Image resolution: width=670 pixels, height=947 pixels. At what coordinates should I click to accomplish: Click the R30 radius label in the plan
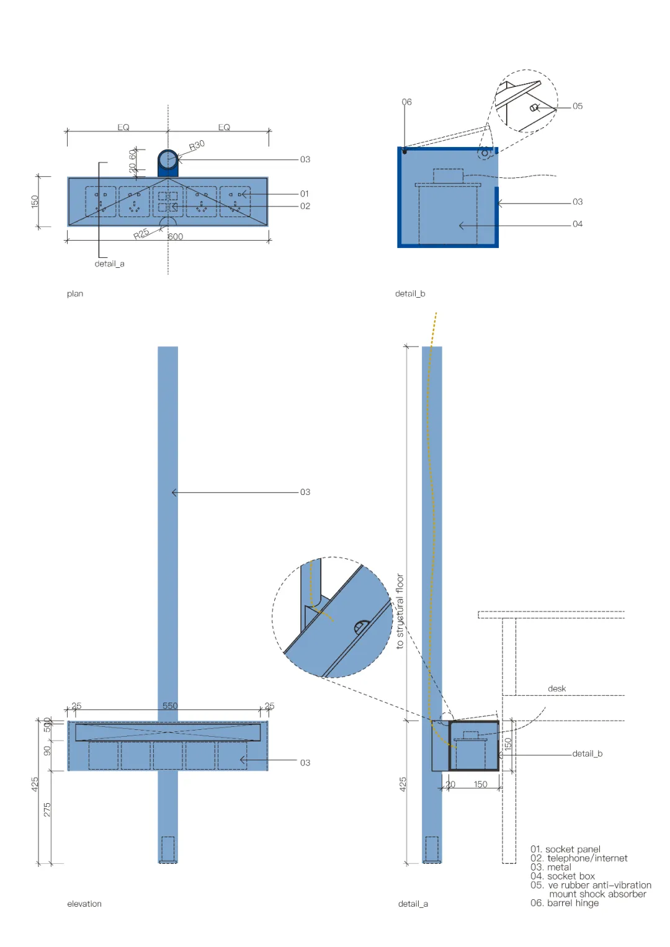pyautogui.click(x=197, y=145)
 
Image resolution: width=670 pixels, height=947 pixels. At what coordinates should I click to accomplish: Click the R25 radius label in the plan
pyautogui.click(x=141, y=234)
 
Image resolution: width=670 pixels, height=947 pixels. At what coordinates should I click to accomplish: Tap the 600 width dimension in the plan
pyautogui.click(x=176, y=236)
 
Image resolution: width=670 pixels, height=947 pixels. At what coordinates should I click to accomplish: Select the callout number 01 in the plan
pyautogui.click(x=305, y=193)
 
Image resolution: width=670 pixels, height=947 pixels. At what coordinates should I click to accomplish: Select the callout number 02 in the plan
pyautogui.click(x=305, y=206)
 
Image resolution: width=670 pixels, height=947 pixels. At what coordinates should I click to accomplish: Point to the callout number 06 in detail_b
pyautogui.click(x=406, y=102)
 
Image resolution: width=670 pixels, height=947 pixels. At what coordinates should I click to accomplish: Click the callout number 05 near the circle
pyautogui.click(x=578, y=106)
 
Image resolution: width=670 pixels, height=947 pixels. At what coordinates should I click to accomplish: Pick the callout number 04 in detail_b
pyautogui.click(x=578, y=224)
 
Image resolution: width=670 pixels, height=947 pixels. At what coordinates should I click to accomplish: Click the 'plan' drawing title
pyautogui.click(x=75, y=293)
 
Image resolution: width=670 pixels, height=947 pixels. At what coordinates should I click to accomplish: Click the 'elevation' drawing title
pyautogui.click(x=84, y=904)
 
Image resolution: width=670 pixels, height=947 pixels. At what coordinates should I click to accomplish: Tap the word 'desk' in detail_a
pyautogui.click(x=556, y=688)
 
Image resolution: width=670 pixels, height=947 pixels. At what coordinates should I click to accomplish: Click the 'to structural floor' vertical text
pyautogui.click(x=400, y=611)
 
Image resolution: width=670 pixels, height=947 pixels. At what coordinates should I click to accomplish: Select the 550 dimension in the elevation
pyautogui.click(x=170, y=706)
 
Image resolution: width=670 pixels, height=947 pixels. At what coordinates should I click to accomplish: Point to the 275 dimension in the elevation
pyautogui.click(x=47, y=809)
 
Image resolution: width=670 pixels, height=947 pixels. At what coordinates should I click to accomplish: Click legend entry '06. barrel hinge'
pyautogui.click(x=565, y=903)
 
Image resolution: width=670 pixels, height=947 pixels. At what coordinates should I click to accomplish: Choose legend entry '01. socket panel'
pyautogui.click(x=565, y=849)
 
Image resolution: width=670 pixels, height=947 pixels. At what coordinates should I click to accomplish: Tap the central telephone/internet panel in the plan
pyautogui.click(x=167, y=202)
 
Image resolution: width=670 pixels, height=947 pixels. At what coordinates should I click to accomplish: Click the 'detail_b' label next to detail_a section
pyautogui.click(x=587, y=754)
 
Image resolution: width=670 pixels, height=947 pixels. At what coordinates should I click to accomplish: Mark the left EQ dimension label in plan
pyautogui.click(x=123, y=127)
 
